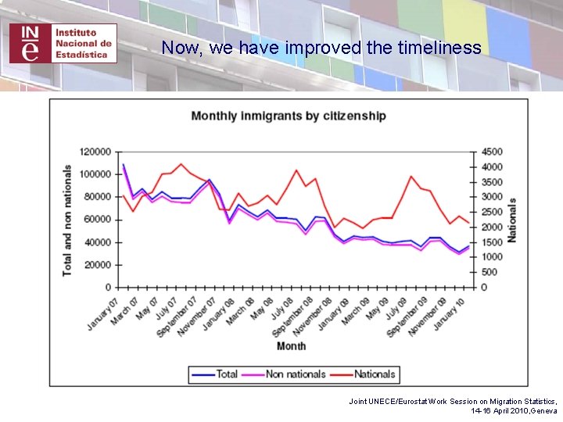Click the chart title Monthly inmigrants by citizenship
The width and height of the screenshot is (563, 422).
289,116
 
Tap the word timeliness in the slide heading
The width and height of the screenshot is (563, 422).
439,48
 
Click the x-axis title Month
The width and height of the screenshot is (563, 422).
291,345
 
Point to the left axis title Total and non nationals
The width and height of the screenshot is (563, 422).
68,220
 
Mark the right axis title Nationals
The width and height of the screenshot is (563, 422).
512,220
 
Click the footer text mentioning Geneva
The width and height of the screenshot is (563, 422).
514,410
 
